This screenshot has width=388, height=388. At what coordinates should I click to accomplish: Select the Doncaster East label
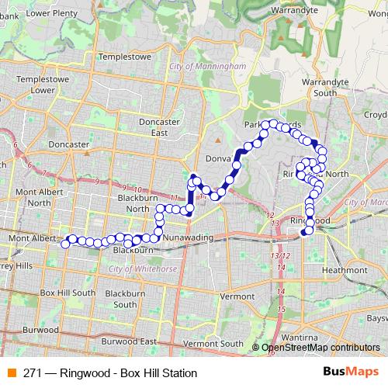(158, 126)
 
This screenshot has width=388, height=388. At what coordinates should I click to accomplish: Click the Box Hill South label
(67, 293)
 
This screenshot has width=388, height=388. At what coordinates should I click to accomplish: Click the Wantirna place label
(299, 338)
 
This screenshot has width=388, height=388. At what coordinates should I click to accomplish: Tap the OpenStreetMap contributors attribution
(321, 348)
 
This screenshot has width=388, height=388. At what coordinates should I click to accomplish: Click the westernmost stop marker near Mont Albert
(65, 244)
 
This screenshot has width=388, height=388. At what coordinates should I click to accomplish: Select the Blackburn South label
(126, 299)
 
